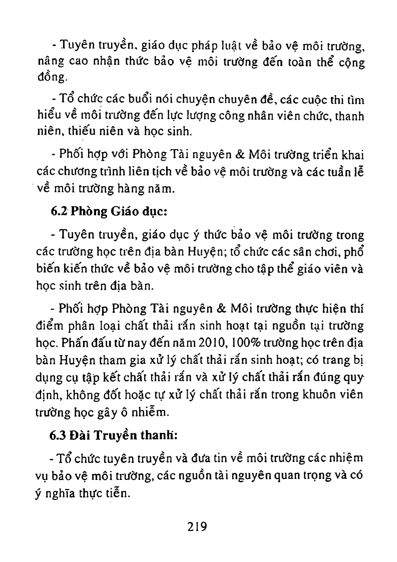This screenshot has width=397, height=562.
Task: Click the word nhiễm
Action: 152,413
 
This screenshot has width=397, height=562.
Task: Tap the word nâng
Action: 50,64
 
